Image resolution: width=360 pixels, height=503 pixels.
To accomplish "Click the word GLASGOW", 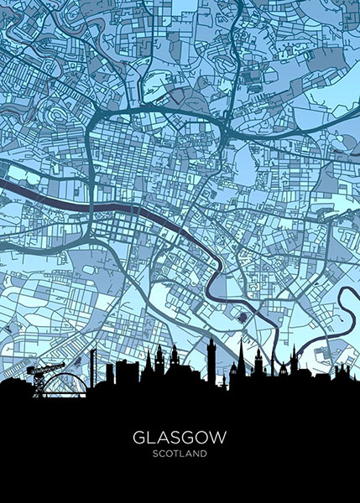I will click(x=180, y=438).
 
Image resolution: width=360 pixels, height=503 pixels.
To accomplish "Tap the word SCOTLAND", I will click(x=180, y=454).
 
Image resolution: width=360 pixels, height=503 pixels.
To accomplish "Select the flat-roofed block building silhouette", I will click(x=126, y=371).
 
